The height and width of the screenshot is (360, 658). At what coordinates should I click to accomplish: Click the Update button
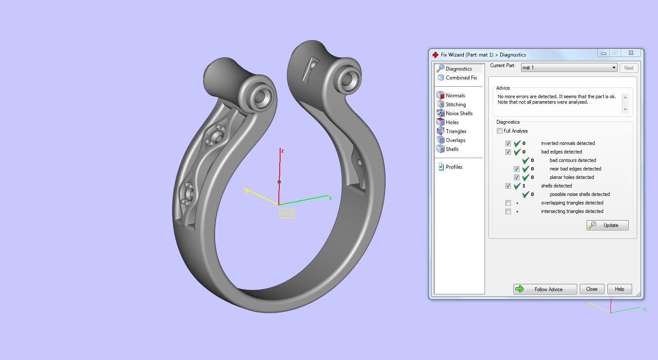tap(607, 225)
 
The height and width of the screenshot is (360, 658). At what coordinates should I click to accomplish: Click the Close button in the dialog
tap(592, 289)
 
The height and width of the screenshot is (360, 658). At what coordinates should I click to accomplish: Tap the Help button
tap(619, 289)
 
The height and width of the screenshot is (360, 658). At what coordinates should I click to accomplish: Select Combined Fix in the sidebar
tap(461, 78)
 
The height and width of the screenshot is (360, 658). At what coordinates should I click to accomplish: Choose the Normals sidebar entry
tap(455, 96)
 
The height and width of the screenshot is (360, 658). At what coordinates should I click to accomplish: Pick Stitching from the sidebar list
tap(455, 105)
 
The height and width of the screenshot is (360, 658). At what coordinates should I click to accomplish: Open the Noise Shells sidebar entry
tap(459, 113)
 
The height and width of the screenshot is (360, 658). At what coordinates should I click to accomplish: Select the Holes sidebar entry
tap(452, 122)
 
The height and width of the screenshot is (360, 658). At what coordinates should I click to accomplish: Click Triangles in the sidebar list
tap(456, 131)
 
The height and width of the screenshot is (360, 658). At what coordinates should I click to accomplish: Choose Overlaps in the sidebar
tap(455, 140)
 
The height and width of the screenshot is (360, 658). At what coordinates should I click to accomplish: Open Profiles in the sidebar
tap(454, 167)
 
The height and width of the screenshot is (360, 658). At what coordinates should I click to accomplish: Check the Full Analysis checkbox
tap(500, 131)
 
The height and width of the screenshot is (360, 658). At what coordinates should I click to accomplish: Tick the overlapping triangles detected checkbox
tap(508, 203)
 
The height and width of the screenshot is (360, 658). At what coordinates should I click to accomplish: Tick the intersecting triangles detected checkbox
tap(508, 211)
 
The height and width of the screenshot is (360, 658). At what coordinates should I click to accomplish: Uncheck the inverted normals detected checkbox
tap(508, 143)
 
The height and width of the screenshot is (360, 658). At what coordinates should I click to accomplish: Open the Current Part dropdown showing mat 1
tap(569, 68)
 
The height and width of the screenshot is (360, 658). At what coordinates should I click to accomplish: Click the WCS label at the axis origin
tap(286, 213)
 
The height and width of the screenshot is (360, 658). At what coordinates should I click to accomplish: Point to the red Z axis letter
tap(282, 151)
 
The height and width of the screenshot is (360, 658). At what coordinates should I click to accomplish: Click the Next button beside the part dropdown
tap(629, 68)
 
